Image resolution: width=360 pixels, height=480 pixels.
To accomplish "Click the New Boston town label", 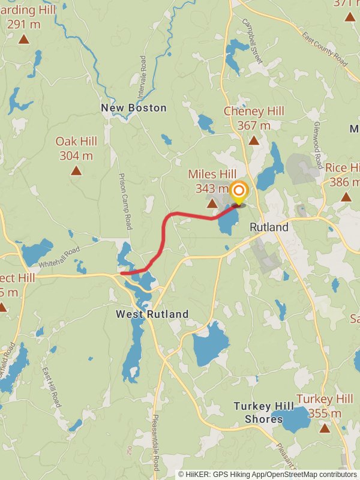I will [133, 108].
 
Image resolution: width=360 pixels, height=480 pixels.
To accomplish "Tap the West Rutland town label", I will [152, 314].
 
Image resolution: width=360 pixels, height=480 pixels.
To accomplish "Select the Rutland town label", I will [269, 227].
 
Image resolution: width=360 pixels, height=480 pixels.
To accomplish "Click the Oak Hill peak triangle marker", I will [76, 171].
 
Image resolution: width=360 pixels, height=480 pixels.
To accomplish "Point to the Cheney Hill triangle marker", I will [254, 140].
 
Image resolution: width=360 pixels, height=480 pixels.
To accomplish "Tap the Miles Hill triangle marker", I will [212, 204].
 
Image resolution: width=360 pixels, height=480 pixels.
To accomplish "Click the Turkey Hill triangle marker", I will [325, 428].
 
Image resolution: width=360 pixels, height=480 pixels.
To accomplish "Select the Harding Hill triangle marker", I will [23, 40].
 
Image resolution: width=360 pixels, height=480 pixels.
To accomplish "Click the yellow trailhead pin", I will [239, 193].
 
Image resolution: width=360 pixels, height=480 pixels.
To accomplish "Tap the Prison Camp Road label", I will [125, 202].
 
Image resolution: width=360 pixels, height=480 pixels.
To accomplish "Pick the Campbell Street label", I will [253, 41].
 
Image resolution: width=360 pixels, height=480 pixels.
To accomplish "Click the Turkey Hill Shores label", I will [264, 413].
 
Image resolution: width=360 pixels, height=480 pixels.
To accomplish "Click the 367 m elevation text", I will [254, 125].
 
